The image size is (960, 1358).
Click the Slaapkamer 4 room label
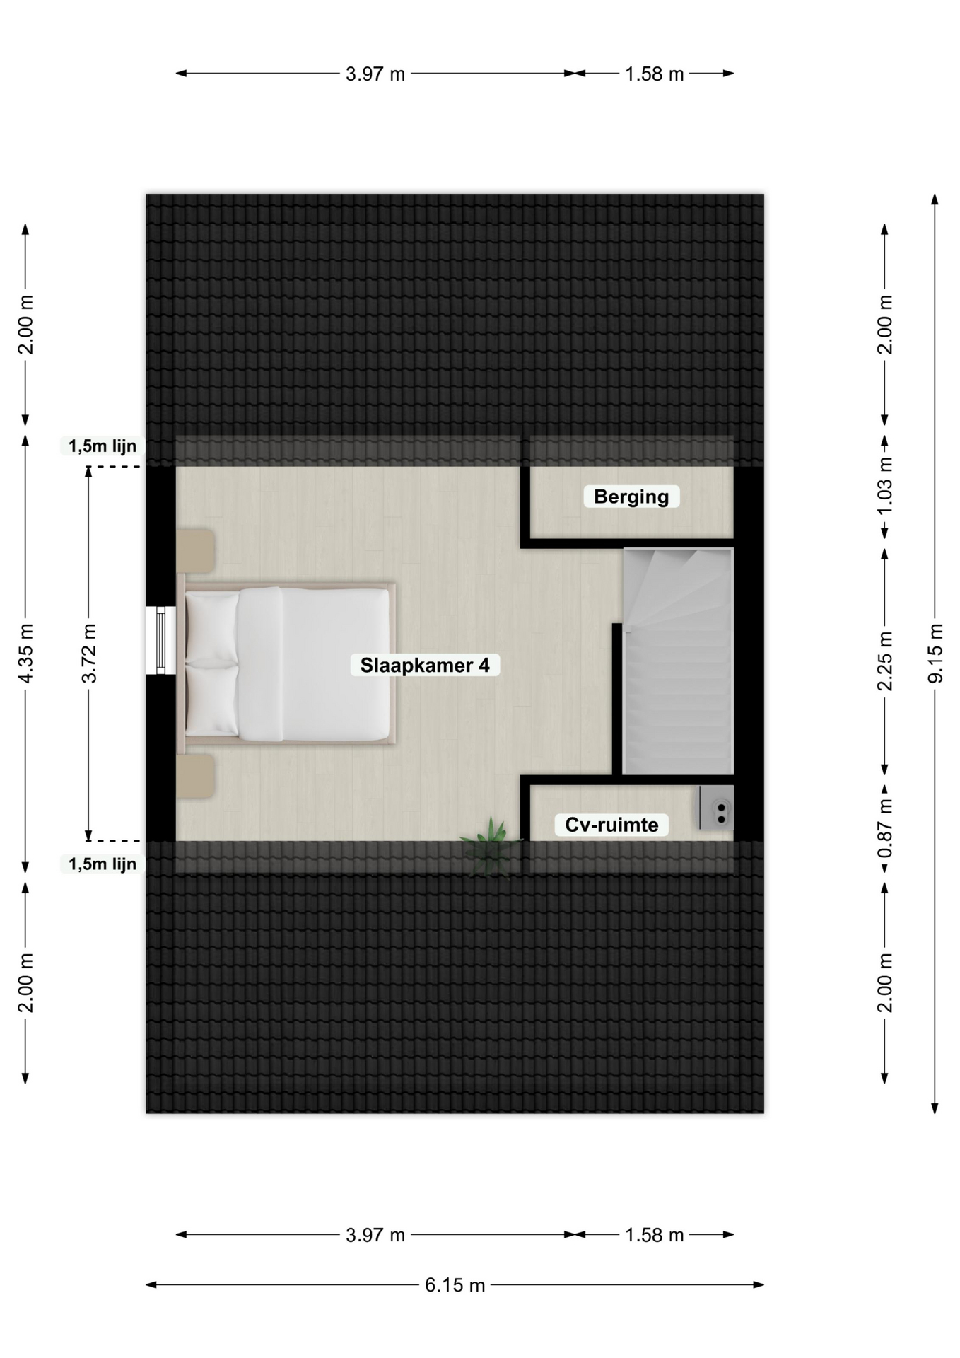coord(425,666)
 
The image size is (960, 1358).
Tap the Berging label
coord(631,497)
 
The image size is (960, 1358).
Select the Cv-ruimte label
coord(611,825)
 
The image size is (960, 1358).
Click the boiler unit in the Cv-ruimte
coord(716,808)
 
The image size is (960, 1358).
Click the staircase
coord(678,661)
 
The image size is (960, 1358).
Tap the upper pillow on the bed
coord(211,627)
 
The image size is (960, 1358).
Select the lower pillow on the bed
coord(211,700)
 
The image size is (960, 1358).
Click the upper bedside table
coord(195,551)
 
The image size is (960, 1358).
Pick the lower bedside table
coord(195,776)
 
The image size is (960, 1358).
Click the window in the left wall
coord(160,640)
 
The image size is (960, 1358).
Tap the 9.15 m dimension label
coord(935,653)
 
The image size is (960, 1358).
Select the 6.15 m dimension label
coord(455,1285)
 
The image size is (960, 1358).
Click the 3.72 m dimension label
coord(88,653)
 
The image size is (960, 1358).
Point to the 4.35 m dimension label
coord(25,653)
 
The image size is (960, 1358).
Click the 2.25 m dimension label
coord(884,661)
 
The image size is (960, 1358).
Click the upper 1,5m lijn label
coord(103,446)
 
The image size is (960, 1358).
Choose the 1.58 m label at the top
coord(654,74)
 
